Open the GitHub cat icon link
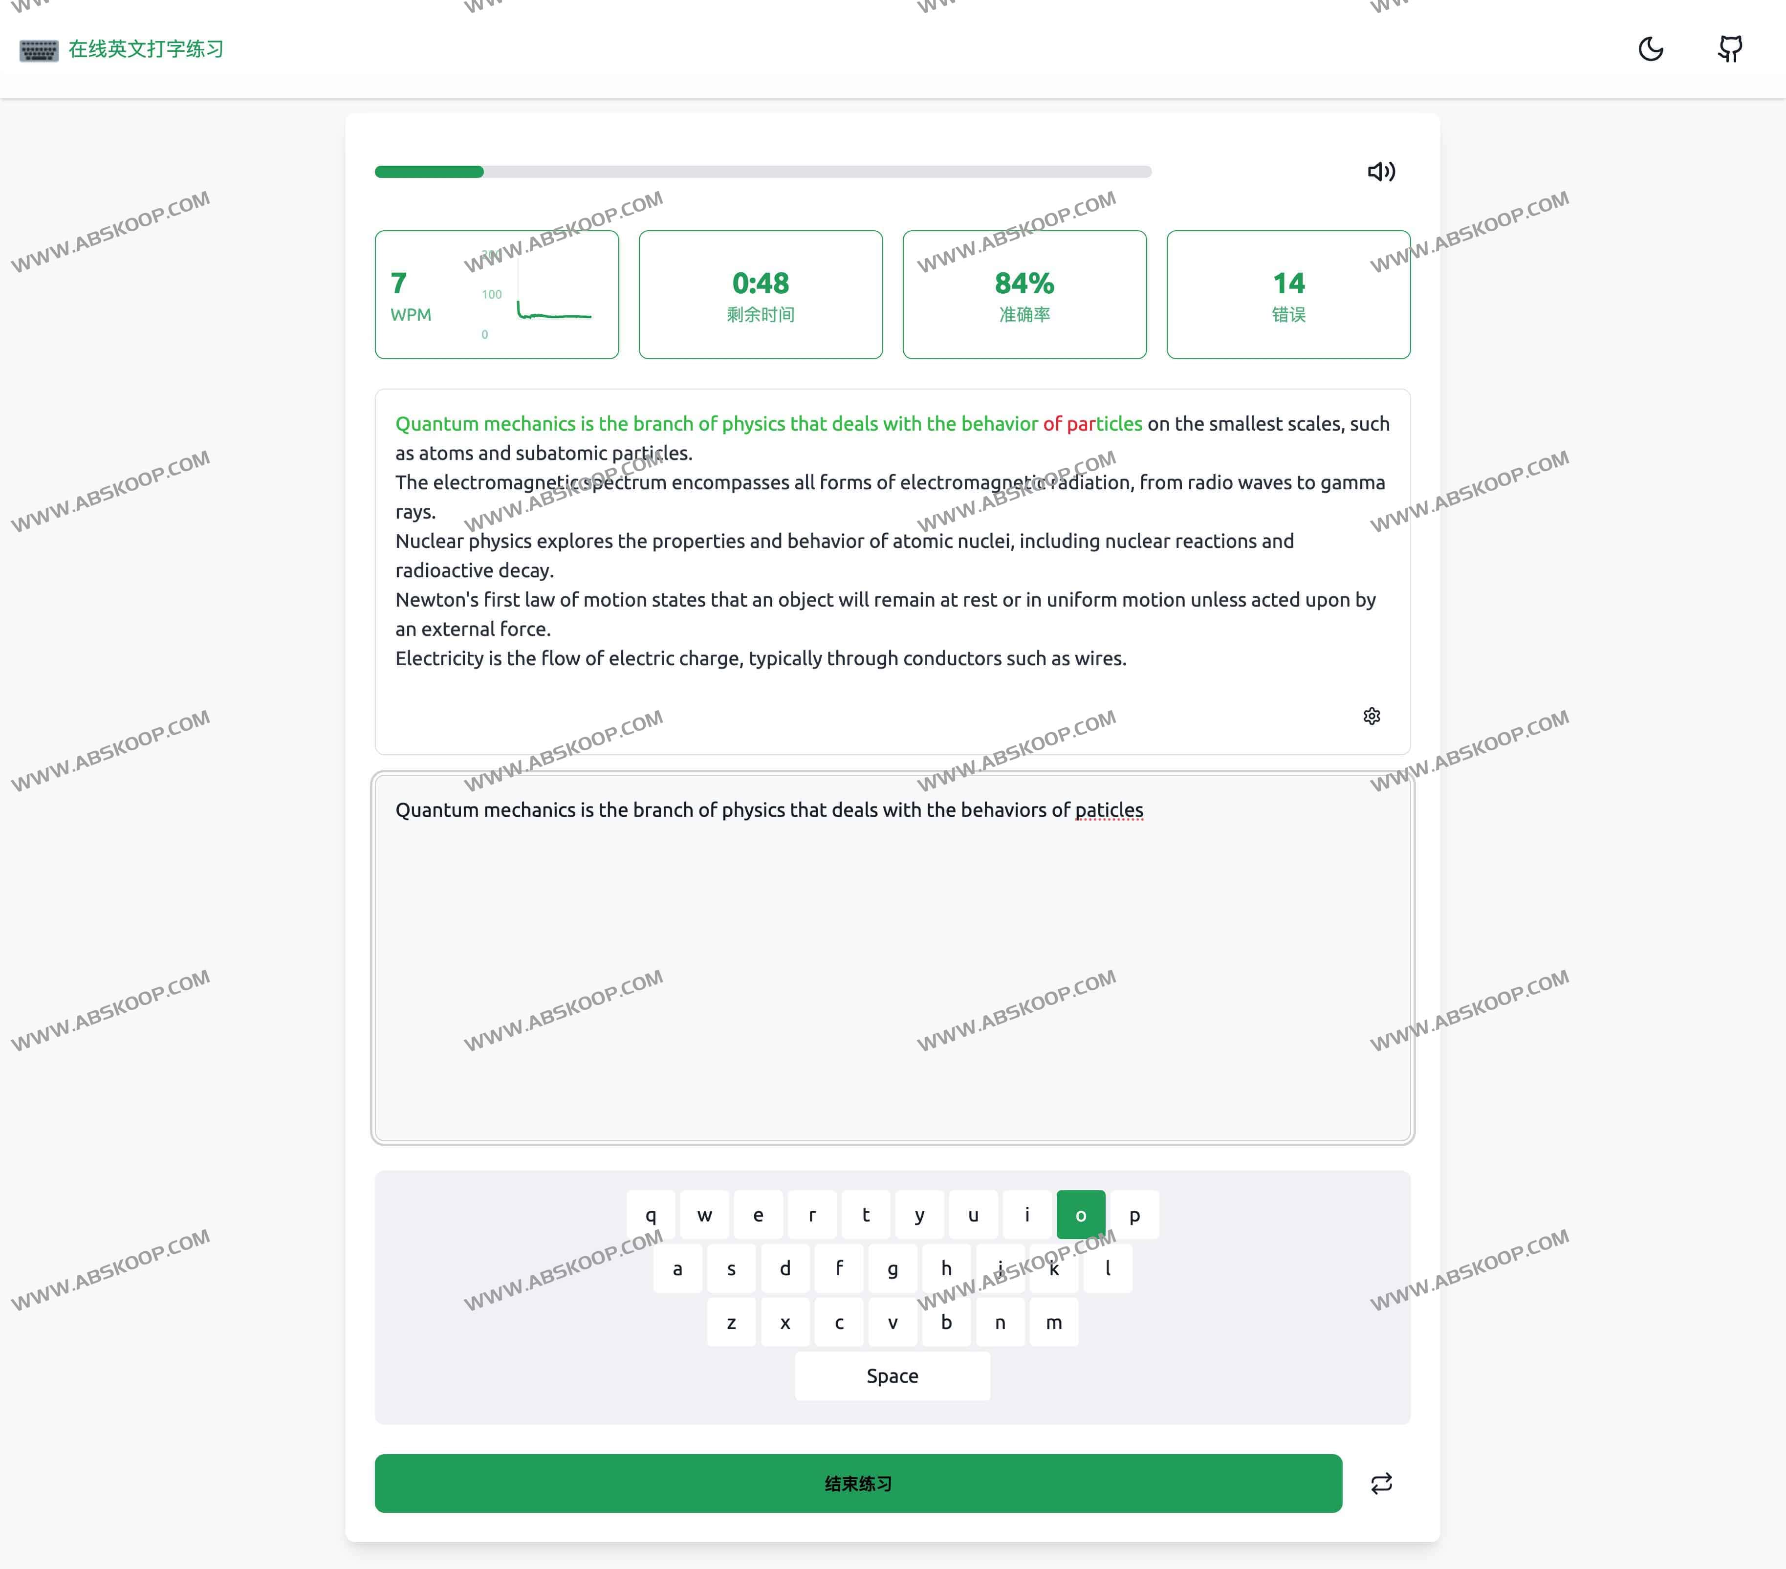pyautogui.click(x=1730, y=49)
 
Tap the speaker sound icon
pyautogui.click(x=1381, y=171)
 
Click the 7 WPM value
pyautogui.click(x=398, y=283)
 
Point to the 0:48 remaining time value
pyautogui.click(x=760, y=283)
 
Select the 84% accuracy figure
pyautogui.click(x=1024, y=283)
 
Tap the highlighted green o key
pyautogui.click(x=1081, y=1214)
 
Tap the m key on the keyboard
pyautogui.click(x=1054, y=1322)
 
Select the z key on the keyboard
pyautogui.click(x=731, y=1322)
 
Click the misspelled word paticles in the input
pyautogui.click(x=1109, y=810)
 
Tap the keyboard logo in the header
pyautogui.click(x=39, y=50)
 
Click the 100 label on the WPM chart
pyautogui.click(x=492, y=294)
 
